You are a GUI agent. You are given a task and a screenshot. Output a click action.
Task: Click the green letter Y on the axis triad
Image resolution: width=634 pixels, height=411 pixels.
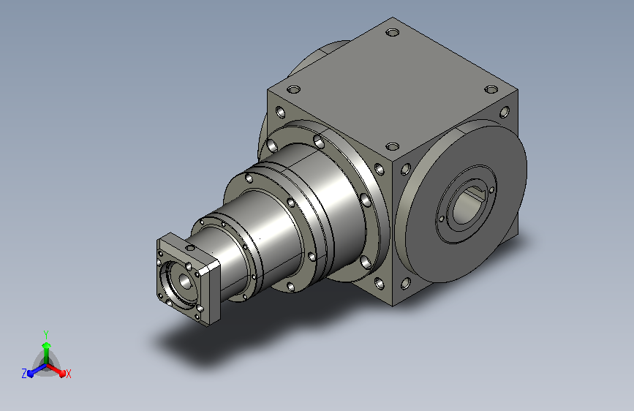coord(46,334)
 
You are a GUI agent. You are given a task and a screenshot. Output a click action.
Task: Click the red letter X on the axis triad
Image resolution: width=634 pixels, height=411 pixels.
coord(68,374)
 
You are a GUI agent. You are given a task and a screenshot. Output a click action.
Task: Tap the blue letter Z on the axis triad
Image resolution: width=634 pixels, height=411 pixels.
coord(24,374)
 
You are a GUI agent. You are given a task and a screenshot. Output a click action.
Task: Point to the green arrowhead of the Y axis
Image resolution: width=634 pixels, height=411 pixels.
coord(47,346)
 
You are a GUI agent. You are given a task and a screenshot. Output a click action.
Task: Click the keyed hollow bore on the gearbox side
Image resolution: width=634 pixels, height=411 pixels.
coord(467,204)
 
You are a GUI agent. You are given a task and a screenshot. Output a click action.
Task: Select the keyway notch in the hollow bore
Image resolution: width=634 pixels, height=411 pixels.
coord(474,195)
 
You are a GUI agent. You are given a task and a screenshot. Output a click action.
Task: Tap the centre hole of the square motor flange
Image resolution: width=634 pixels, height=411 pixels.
coord(185,281)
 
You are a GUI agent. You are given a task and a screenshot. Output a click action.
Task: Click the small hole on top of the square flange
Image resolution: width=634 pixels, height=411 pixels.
coord(189,248)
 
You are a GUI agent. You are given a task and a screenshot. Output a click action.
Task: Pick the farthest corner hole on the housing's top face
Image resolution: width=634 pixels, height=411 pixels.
coord(392,32)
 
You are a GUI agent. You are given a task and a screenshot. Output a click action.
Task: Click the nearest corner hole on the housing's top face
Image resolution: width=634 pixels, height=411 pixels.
coord(392,146)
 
